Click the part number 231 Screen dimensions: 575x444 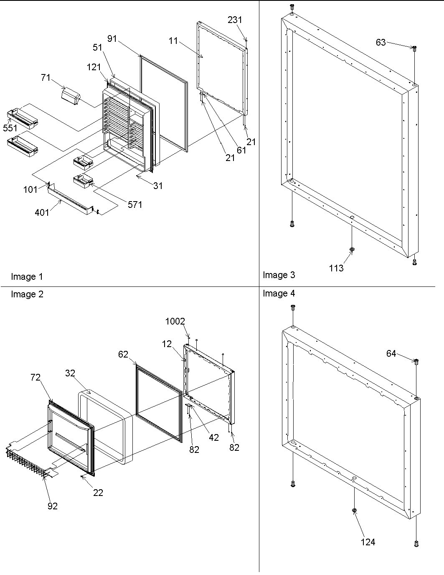pos(235,20)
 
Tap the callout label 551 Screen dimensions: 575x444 pos(10,128)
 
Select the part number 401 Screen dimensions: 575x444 pos(42,212)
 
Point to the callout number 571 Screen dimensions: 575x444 pos(135,204)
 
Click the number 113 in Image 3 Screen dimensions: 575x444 pos(336,268)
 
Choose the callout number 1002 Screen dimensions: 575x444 pos(175,321)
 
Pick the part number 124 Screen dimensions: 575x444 pos(368,542)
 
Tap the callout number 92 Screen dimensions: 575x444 pos(52,506)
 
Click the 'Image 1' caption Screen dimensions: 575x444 pos(27,276)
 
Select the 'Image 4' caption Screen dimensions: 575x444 pos(279,294)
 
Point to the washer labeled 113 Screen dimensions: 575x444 pos(352,250)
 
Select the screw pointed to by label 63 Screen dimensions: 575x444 pos(414,49)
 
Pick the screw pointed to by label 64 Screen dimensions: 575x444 pos(416,361)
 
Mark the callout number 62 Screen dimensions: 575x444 pos(123,355)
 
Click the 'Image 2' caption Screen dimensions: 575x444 pos(27,294)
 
